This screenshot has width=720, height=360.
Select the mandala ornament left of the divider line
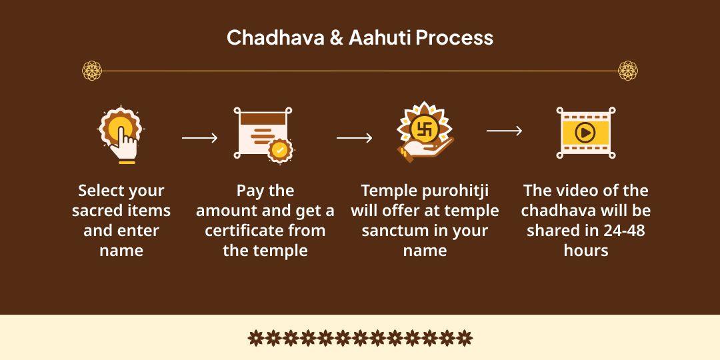coord(92,70)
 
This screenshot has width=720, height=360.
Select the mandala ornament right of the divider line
coord(627,70)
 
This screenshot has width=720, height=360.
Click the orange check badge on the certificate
coord(280,150)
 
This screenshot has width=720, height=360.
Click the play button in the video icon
coord(585,133)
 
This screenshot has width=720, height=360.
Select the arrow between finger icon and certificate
coord(199,138)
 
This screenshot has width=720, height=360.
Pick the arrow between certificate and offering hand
coord(354,138)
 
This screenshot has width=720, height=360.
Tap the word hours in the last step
coord(586,251)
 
